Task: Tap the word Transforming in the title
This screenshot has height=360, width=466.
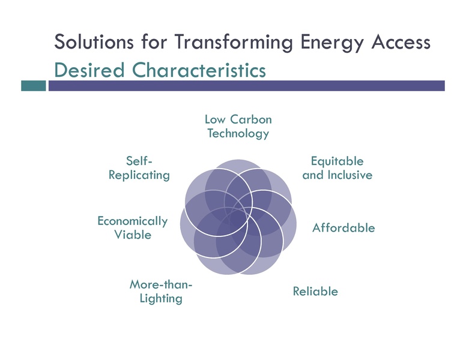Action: [x=227, y=43]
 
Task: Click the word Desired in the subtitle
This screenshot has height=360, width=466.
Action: [x=89, y=70]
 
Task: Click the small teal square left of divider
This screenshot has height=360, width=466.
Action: [x=34, y=86]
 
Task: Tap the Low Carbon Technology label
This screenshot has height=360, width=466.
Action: [x=238, y=127]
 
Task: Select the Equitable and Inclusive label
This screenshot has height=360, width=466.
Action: [x=337, y=168]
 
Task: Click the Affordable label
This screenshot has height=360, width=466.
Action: [x=343, y=228]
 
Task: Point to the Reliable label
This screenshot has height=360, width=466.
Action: [x=315, y=292]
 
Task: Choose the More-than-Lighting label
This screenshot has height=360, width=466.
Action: [x=161, y=291]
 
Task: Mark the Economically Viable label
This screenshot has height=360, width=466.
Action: [x=133, y=228]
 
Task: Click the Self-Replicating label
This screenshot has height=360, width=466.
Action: [x=139, y=168]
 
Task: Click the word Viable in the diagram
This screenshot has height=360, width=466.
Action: [x=133, y=235]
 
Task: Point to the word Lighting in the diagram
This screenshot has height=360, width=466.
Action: [x=161, y=298]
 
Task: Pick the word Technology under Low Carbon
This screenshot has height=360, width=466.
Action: [x=238, y=134]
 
